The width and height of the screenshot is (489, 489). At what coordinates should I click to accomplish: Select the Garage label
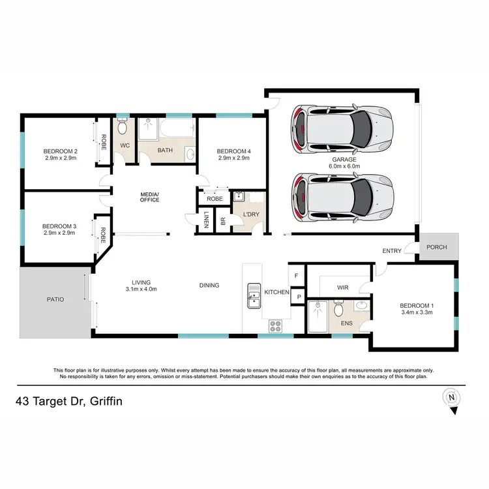343,159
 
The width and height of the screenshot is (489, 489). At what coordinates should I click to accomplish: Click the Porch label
437,247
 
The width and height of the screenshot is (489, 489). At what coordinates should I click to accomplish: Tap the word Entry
393,250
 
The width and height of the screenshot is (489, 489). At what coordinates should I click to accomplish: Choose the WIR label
344,287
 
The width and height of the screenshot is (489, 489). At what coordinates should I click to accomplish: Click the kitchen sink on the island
253,295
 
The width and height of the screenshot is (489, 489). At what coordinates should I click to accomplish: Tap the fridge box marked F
297,276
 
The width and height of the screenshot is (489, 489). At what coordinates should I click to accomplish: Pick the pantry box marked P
298,297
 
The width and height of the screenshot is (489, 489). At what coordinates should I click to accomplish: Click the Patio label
55,300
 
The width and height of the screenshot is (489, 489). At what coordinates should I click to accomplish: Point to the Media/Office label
150,198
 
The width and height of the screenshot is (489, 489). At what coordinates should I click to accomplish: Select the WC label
125,145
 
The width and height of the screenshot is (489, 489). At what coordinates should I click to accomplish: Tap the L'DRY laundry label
251,215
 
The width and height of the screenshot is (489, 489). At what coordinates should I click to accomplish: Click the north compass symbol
451,397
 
